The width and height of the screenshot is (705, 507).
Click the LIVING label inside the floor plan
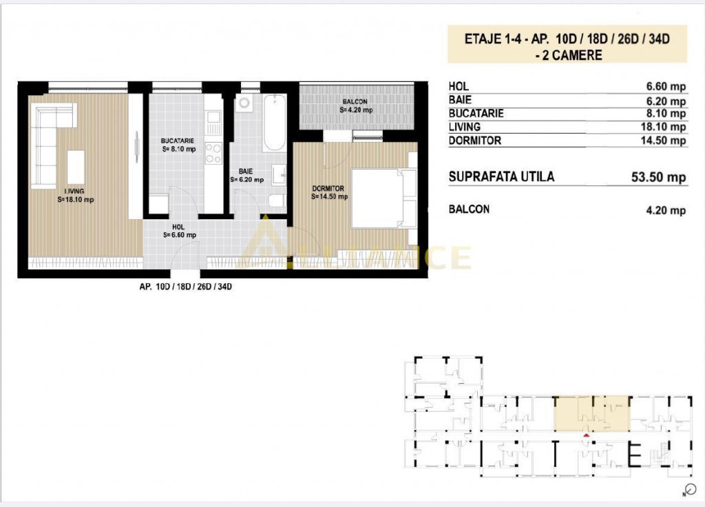click(74, 192)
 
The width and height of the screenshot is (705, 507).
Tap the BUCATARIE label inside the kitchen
click(178, 141)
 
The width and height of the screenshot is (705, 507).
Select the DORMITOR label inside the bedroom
click(328, 189)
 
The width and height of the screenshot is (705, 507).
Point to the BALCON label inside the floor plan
click(355, 102)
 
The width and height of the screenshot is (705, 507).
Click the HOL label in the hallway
click(178, 227)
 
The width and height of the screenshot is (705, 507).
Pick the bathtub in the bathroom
click(274, 123)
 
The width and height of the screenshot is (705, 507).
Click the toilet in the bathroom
click(277, 200)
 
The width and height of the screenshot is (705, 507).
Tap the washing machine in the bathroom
click(244, 103)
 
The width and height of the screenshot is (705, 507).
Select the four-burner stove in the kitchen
click(213, 153)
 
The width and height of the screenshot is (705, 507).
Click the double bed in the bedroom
click(383, 198)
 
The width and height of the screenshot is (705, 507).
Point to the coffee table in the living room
click(76, 167)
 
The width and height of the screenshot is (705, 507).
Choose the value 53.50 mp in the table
click(659, 177)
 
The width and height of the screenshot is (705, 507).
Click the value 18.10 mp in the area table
click(663, 127)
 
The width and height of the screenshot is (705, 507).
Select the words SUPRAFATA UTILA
click(501, 177)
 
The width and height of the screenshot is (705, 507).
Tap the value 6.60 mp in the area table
click(666, 86)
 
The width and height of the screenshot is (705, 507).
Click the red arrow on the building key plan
click(586, 435)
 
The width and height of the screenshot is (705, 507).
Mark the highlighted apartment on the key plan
click(591, 413)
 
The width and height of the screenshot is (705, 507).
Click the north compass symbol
click(690, 489)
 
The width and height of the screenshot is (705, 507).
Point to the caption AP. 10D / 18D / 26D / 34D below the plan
click(186, 287)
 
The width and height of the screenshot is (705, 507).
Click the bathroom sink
click(279, 174)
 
